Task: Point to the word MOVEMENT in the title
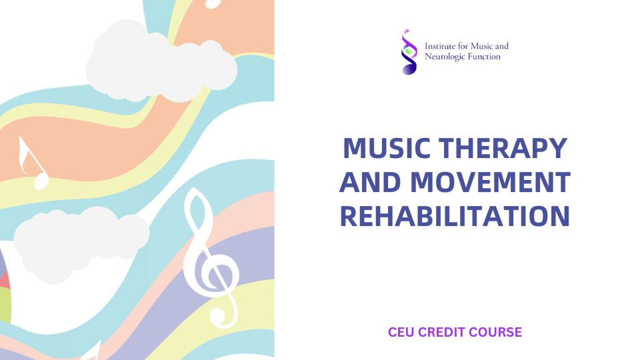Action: pos(490,182)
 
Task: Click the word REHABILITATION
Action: pos(455,216)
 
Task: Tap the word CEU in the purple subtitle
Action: pos(401,332)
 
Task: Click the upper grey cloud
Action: pos(161,61)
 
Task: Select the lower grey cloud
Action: pos(81,244)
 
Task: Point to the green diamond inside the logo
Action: pos(409,51)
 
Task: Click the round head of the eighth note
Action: pos(41,181)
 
